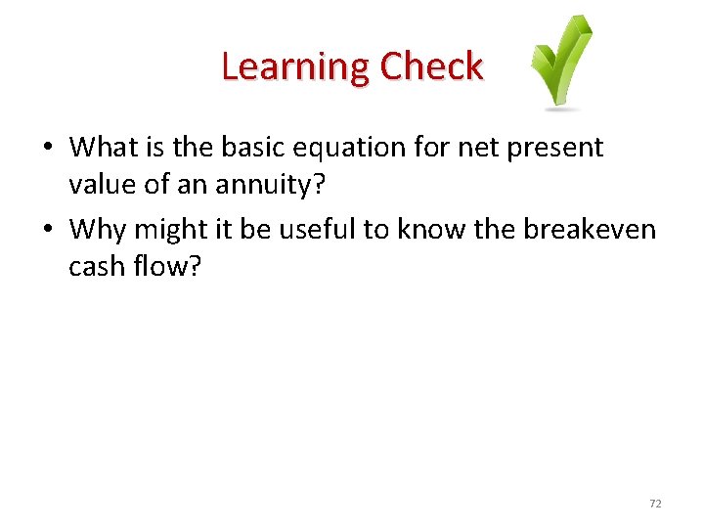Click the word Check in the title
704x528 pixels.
431,67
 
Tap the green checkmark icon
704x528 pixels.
561,63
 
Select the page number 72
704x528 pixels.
655,504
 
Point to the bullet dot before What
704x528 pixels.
47,149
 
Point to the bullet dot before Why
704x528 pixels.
47,230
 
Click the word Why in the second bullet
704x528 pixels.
99,229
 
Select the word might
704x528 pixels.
170,229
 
